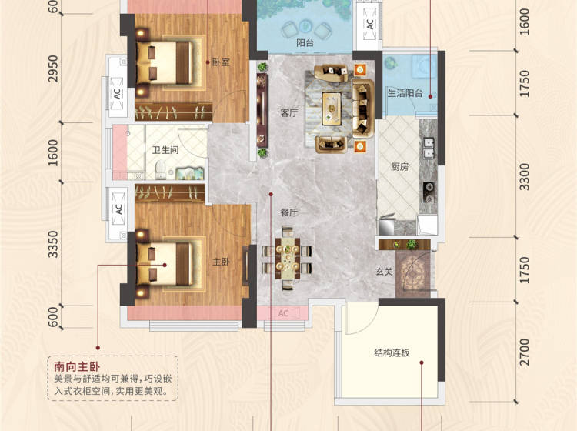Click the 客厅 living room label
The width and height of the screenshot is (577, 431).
tap(288, 113)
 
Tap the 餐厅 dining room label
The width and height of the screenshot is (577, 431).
tap(288, 212)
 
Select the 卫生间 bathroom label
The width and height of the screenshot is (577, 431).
tap(165, 150)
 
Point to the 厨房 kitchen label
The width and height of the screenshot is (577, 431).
tap(399, 167)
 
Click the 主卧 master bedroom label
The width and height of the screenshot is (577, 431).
tap(221, 262)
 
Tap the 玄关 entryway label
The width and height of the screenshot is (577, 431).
tap(384, 272)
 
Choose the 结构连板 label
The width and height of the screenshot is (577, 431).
tap(392, 353)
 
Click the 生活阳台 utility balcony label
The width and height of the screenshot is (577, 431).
tap(405, 93)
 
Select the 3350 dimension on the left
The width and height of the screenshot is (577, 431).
tap(53, 244)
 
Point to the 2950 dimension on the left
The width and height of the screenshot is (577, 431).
tap(53, 68)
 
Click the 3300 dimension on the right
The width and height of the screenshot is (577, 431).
tap(525, 177)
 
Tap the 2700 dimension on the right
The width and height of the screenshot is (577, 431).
tap(525, 352)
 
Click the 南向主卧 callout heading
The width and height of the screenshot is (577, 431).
tap(77, 366)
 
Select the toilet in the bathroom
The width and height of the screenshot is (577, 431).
tap(161, 169)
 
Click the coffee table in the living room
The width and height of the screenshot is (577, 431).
tap(332, 109)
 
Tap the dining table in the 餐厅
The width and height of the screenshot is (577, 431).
tap(288, 259)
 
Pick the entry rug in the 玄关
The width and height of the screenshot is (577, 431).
tap(413, 274)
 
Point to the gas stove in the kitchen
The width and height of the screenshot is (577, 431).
tap(428, 192)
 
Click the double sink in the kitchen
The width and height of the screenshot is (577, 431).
tap(429, 148)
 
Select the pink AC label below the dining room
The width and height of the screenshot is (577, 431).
tap(283, 313)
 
